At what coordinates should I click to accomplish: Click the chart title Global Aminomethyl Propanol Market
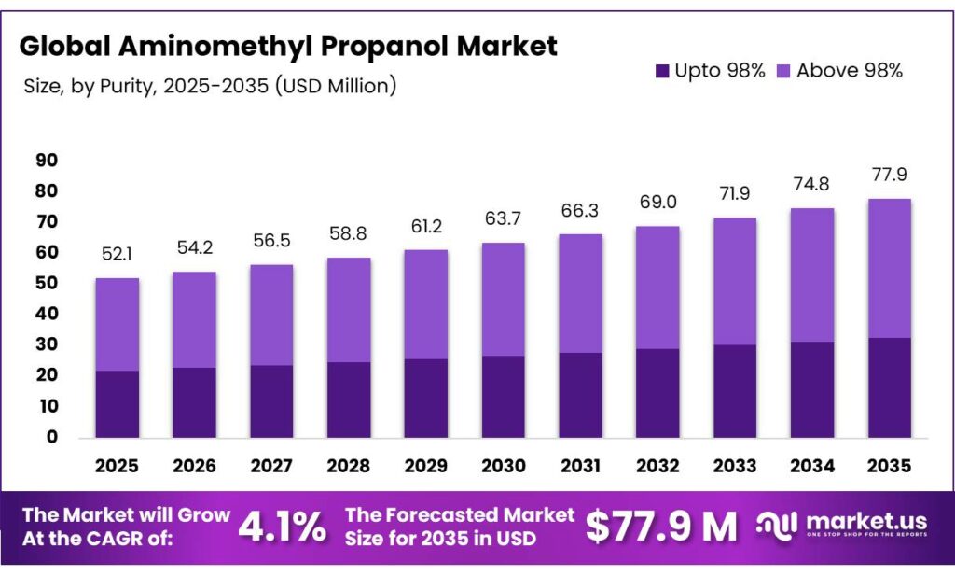coord(288,46)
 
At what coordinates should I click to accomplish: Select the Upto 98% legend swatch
coord(662,71)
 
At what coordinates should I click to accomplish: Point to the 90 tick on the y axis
coord(47,161)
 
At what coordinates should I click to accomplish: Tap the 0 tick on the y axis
coord(52,437)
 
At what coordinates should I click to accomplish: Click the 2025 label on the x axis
coord(117,465)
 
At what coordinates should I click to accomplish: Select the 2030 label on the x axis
coord(503,465)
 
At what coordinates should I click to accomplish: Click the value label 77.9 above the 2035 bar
coord(889,176)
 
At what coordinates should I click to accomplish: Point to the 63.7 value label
coord(503,220)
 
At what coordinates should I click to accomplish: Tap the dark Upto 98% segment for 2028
coord(348,400)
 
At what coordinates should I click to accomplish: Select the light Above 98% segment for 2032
coord(657,287)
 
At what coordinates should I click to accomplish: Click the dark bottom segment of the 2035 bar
coord(889,387)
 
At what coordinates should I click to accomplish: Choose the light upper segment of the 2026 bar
coord(194,319)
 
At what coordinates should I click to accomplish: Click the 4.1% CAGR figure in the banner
coord(283,527)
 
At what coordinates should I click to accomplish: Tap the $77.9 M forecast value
coord(660,527)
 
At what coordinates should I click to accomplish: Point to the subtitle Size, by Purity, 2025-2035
coord(211,86)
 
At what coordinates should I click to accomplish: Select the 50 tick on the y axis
coord(47,284)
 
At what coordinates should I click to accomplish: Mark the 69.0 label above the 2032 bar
coord(657,203)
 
